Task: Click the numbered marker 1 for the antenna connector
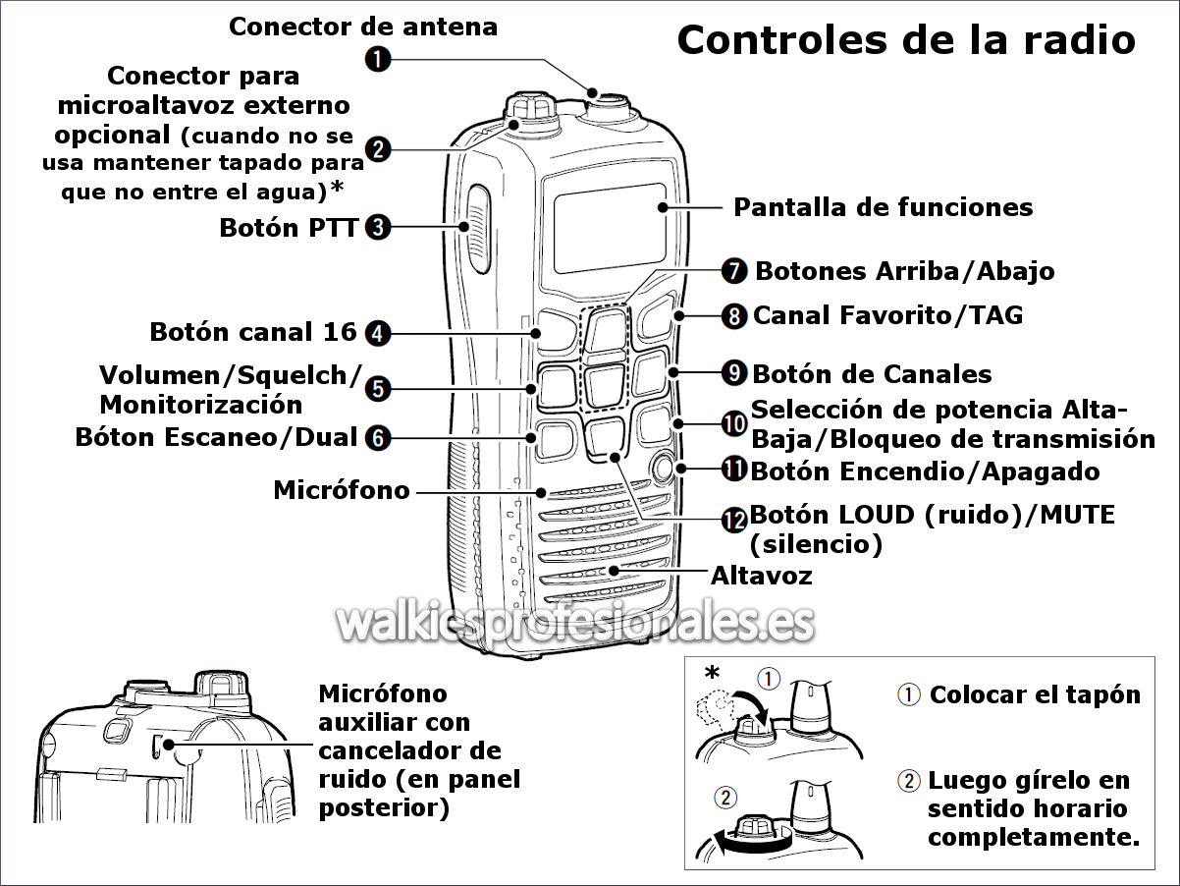pyautogui.click(x=378, y=60)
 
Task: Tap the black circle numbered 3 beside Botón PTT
pyautogui.click(x=378, y=228)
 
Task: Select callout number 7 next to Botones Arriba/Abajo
pyautogui.click(x=734, y=270)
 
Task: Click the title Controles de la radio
pyautogui.click(x=906, y=40)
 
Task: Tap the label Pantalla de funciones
pyautogui.click(x=884, y=207)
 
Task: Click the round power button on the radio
pyautogui.click(x=663, y=468)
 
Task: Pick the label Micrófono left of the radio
pyautogui.click(x=342, y=489)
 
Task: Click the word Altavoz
pyautogui.click(x=761, y=575)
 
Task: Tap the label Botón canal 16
pyautogui.click(x=253, y=332)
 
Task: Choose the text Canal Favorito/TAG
pyautogui.click(x=887, y=315)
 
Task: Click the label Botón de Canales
pyautogui.click(x=872, y=374)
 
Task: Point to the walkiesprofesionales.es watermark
pyautogui.click(x=575, y=622)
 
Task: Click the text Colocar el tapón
pyautogui.click(x=1035, y=695)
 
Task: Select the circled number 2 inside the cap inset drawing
pyautogui.click(x=724, y=798)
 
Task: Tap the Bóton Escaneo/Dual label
pyautogui.click(x=217, y=437)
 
